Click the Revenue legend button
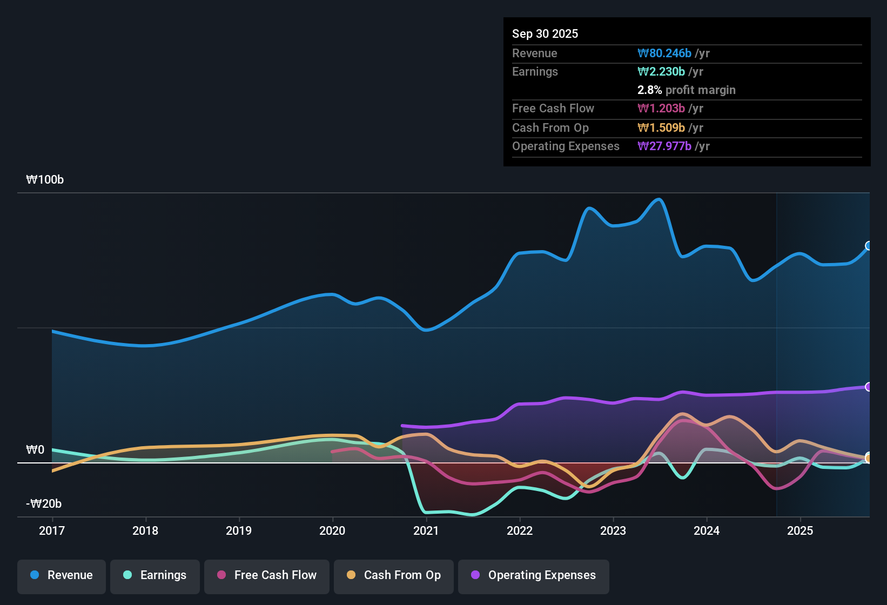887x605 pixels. pyautogui.click(x=62, y=575)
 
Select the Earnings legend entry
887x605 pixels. pyautogui.click(x=155, y=575)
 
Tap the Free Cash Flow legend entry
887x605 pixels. pyautogui.click(x=267, y=575)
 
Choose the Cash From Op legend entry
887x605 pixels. pyautogui.click(x=394, y=575)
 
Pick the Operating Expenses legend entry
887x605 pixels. pyautogui.click(x=534, y=575)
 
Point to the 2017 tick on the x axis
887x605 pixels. pyautogui.click(x=52, y=530)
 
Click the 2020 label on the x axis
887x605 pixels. pyautogui.click(x=332, y=530)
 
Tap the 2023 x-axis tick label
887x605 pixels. pyautogui.click(x=613, y=530)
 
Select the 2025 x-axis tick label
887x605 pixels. pyautogui.click(x=800, y=530)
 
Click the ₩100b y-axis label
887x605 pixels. pyautogui.click(x=45, y=180)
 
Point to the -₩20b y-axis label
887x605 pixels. pyautogui.click(x=44, y=504)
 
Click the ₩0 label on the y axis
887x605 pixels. pyautogui.click(x=35, y=450)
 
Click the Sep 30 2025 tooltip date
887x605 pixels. pyautogui.click(x=545, y=33)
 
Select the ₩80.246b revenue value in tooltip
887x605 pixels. pyautogui.click(x=664, y=53)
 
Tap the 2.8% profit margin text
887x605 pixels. pyautogui.click(x=686, y=90)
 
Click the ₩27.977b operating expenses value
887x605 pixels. pyautogui.click(x=664, y=146)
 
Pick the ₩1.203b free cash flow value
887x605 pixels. pyautogui.click(x=661, y=109)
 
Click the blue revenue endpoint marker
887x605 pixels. pyautogui.click(x=869, y=246)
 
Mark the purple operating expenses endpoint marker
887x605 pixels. pyautogui.click(x=869, y=387)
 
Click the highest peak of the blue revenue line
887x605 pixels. pyautogui.click(x=659, y=199)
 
